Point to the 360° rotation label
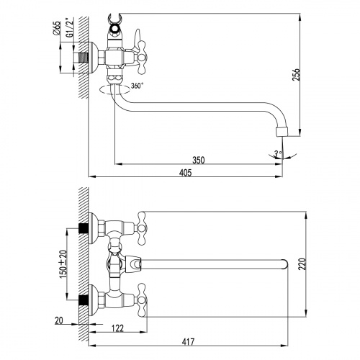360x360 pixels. (137, 86)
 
